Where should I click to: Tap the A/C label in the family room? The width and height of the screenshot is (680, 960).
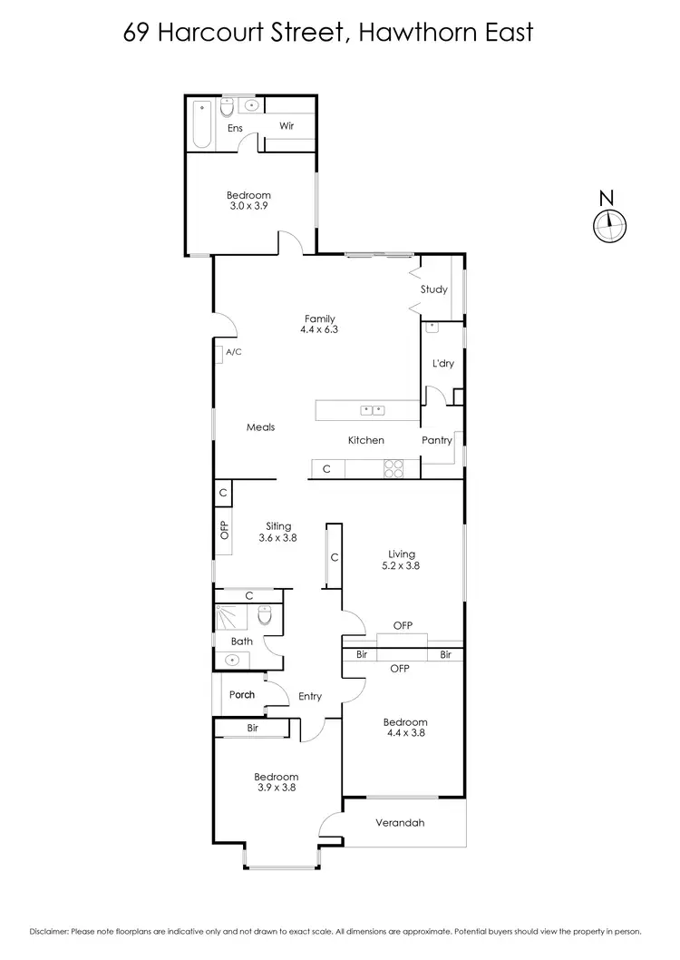pos(233,352)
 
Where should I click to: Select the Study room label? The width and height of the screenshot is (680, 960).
pos(433,289)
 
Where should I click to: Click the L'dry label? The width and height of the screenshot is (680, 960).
pos(442,363)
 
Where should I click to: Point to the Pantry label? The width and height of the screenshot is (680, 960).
pos(437,440)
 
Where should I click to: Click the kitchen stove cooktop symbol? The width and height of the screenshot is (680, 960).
pos(394,469)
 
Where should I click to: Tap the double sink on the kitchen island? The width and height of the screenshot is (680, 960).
pos(373,410)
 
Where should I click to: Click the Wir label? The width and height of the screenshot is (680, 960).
pos(286,126)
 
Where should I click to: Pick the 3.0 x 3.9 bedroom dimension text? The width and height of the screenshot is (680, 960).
pos(248,206)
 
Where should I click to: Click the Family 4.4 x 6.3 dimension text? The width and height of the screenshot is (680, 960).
pos(319,329)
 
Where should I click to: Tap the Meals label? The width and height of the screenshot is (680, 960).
pos(261,427)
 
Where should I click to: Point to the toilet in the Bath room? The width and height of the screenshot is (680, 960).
pos(265,616)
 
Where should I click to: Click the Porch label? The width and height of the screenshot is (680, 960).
pos(241,695)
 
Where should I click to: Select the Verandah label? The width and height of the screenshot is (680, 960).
pos(399,823)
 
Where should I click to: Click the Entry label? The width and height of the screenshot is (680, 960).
pos(310,696)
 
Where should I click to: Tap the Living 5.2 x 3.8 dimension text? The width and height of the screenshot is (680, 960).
pos(401,565)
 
